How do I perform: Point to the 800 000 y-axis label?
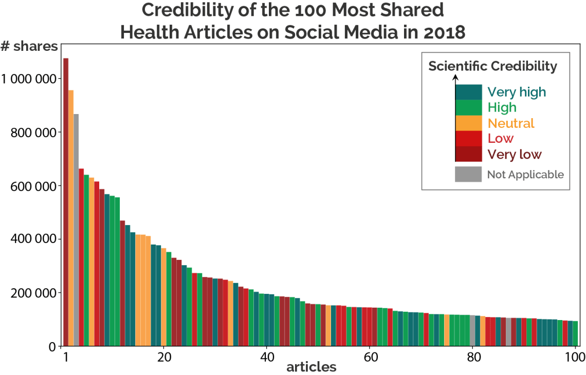point(33,132)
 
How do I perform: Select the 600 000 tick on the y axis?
point(33,185)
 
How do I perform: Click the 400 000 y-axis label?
point(33,239)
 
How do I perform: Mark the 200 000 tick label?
point(33,293)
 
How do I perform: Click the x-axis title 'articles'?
point(311,367)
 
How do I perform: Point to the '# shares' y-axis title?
point(29,46)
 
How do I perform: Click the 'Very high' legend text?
point(517,92)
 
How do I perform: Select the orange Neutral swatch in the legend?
point(468,123)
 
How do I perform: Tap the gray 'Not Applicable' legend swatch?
point(468,174)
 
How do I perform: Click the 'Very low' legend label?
point(515,155)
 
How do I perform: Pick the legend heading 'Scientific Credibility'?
point(492,66)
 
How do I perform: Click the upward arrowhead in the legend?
point(455,78)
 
